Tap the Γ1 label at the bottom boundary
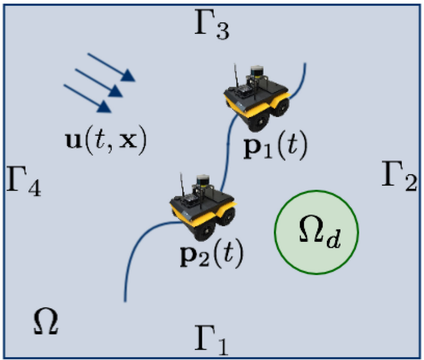(212, 340)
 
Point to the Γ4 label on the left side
(23, 181)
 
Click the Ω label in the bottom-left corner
(46, 321)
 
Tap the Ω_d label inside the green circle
(320, 234)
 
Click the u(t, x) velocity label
(106, 140)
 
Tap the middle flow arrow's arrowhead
(116, 91)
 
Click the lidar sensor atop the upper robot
(257, 71)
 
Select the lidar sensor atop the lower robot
(203, 180)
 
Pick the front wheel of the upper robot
(259, 121)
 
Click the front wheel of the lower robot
(205, 230)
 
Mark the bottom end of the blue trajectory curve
(125, 301)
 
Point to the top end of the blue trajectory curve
(305, 64)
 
